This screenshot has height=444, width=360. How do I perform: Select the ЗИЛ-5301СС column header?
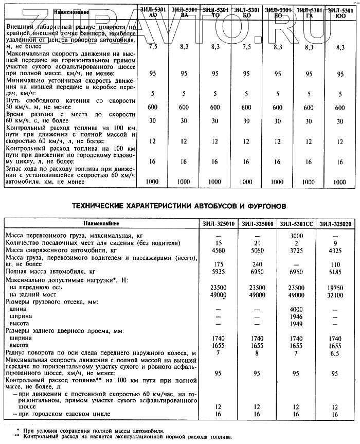[x=297, y=223]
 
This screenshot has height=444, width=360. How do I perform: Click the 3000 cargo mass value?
[x=296, y=235]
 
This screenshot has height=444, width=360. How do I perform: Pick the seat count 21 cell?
[x=256, y=242]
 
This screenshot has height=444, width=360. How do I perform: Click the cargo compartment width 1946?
[x=296, y=317]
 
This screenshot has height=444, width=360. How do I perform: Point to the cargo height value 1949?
[x=296, y=325]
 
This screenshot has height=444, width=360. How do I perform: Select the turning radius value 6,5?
[x=335, y=354]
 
